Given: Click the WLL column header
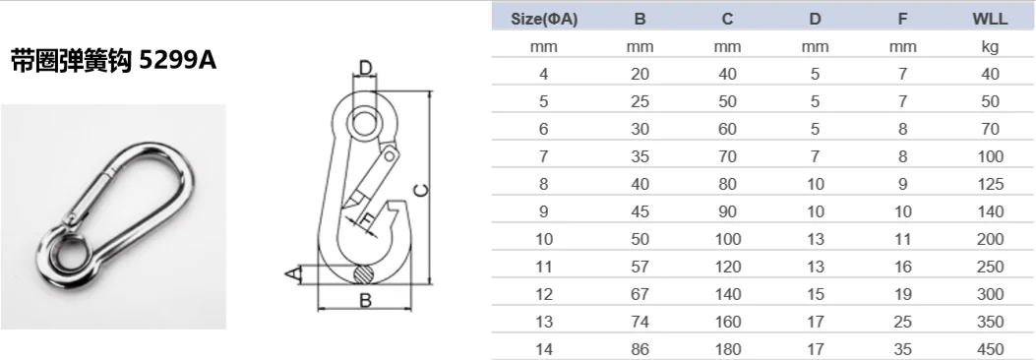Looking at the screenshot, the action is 990,19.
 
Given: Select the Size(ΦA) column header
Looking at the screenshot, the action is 544,19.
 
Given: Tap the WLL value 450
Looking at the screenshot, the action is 991,349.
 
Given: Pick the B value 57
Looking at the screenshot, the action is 640,267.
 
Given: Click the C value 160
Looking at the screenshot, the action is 727,322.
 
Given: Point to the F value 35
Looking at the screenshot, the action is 902,349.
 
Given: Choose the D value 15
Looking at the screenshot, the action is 816,295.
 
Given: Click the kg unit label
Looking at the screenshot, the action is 991,47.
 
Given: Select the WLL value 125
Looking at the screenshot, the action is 991,184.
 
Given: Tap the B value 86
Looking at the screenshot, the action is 640,349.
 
